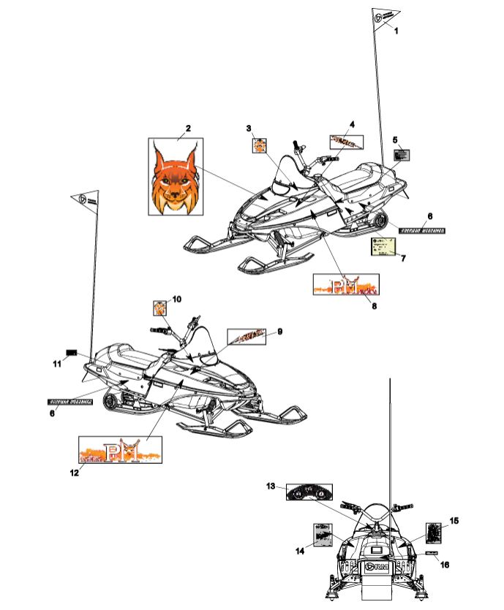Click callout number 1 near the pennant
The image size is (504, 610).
click(396, 31)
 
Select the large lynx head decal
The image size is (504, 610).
click(176, 178)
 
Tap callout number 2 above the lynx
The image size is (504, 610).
click(188, 129)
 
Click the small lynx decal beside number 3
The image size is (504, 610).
click(258, 145)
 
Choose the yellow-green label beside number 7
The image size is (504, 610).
click(384, 247)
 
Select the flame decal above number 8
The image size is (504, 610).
click(345, 283)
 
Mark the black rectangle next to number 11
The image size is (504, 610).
click(72, 352)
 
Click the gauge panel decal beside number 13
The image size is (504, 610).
click(309, 493)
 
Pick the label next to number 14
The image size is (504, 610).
click(322, 535)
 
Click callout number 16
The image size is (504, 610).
click(445, 564)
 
